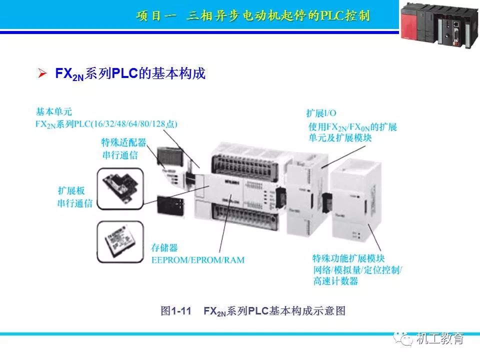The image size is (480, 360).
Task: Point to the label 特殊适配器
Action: pyautogui.click(x=123, y=143)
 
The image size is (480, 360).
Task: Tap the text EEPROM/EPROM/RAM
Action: pyautogui.click(x=198, y=260)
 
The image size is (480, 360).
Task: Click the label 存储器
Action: pyautogui.click(x=164, y=248)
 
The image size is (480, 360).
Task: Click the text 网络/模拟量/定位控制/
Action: pyautogui.click(x=357, y=270)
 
